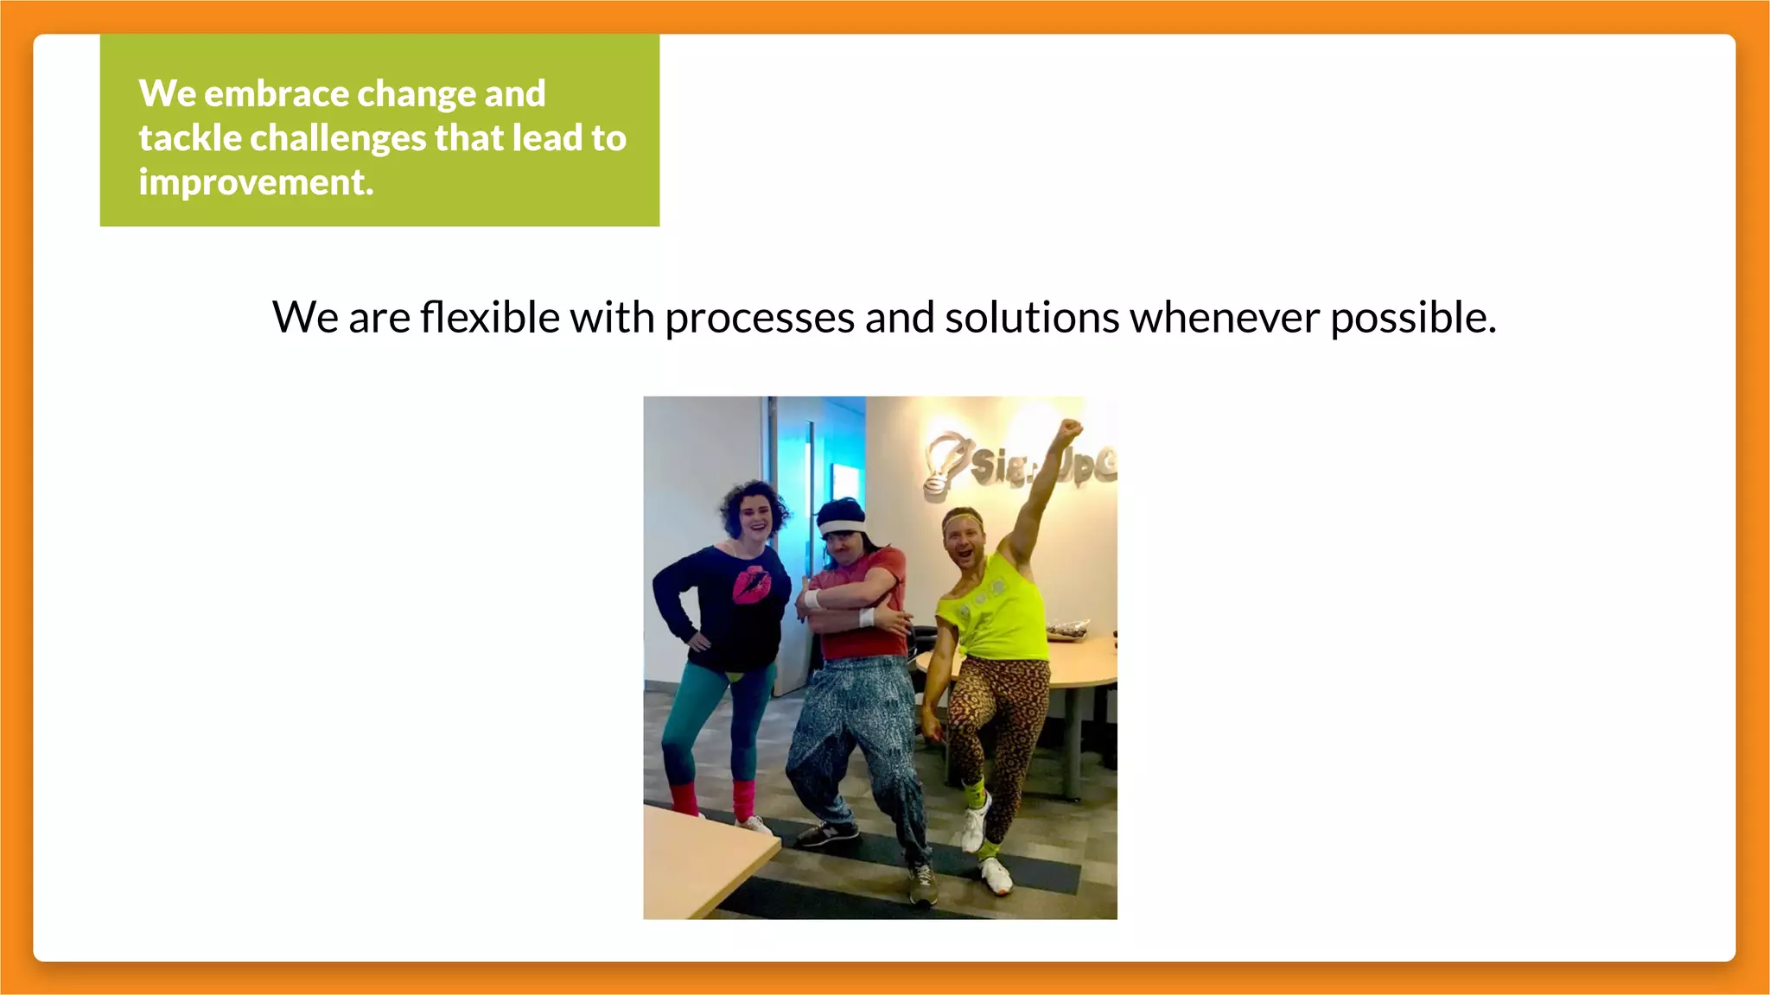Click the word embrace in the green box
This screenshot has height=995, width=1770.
277,93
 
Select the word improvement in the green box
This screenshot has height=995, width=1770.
256,182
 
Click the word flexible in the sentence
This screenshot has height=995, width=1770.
490,317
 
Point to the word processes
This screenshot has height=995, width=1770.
759,317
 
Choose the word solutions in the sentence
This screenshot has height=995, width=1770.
1032,317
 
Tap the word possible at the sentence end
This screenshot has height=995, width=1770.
1412,317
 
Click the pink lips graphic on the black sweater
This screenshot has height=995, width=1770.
752,585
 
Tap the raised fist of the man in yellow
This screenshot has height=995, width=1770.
1070,428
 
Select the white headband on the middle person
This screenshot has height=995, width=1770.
841,526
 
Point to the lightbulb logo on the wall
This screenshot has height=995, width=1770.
944,462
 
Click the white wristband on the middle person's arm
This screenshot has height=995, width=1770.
867,617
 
